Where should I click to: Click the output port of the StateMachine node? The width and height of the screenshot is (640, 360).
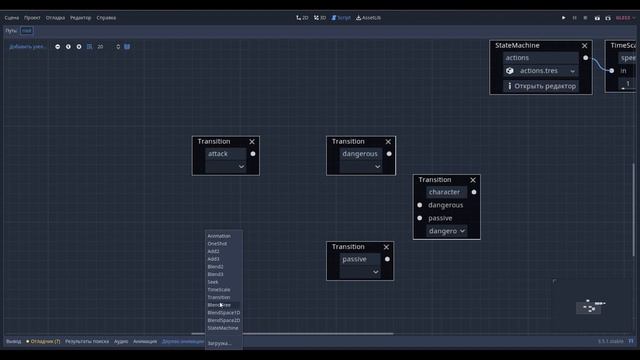(586, 58)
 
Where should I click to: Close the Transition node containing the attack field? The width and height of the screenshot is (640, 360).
(252, 142)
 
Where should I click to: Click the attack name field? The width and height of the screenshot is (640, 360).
(225, 154)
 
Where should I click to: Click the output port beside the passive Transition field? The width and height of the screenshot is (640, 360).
(387, 259)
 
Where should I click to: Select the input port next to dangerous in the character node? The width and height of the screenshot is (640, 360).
(420, 205)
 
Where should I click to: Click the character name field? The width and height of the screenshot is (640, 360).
(446, 192)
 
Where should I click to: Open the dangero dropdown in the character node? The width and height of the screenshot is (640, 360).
(446, 231)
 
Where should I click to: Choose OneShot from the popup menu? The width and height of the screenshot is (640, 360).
(217, 244)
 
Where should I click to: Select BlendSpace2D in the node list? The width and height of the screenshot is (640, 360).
(223, 320)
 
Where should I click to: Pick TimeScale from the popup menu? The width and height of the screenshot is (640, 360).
(219, 290)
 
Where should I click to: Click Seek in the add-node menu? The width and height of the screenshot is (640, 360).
(213, 282)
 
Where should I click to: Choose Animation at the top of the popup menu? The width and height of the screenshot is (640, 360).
(219, 236)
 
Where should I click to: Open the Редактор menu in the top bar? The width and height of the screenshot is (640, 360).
(80, 18)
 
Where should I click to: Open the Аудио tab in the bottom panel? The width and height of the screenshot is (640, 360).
(121, 341)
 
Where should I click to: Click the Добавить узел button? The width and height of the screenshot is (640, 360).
(27, 47)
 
